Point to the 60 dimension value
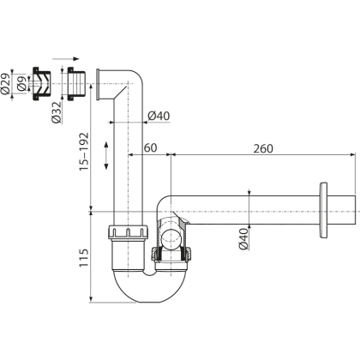click(x=150, y=148)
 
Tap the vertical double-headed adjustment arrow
click(x=107, y=157)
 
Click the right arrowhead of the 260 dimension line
click(x=352, y=155)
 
